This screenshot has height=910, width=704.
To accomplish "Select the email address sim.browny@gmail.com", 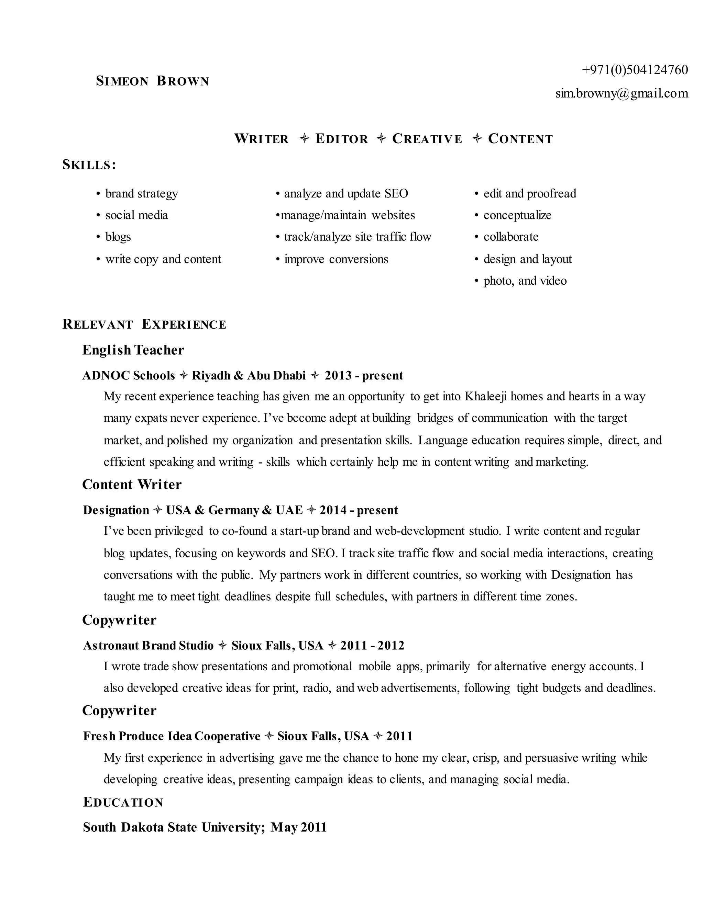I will (621, 93).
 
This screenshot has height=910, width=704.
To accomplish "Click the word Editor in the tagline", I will (342, 139).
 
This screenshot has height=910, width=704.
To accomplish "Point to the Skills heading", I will (89, 165).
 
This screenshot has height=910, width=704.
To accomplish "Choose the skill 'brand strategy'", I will (141, 194).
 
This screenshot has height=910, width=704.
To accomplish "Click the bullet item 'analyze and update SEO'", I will (346, 194).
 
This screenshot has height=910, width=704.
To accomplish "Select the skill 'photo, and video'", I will (525, 281).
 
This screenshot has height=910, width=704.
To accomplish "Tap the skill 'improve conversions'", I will (336, 259).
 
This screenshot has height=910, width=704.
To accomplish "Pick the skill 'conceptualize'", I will (517, 215).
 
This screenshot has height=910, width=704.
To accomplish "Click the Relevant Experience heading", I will (144, 324).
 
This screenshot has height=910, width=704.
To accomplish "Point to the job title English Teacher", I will (133, 350).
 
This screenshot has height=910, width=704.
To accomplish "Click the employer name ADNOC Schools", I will (129, 375).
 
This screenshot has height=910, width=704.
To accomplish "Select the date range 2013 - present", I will (364, 375).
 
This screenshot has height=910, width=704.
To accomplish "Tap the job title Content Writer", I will (132, 485).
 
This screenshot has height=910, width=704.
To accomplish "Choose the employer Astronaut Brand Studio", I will (148, 646).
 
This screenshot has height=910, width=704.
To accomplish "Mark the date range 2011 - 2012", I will (372, 646).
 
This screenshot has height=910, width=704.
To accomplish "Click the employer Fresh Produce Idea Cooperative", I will (172, 736).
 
